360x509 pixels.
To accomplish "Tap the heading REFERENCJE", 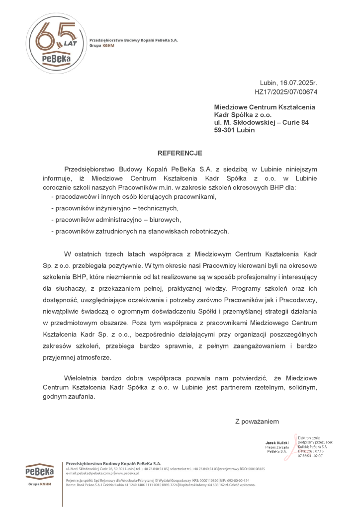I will click(x=180, y=153).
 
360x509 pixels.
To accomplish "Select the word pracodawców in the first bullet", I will click(x=74, y=197).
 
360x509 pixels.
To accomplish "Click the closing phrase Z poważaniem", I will click(x=257, y=422).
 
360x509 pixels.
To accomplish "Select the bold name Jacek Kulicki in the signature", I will click(x=277, y=442).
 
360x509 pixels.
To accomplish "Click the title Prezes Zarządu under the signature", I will click(x=277, y=447).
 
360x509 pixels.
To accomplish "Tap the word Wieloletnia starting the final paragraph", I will click(x=83, y=378).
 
